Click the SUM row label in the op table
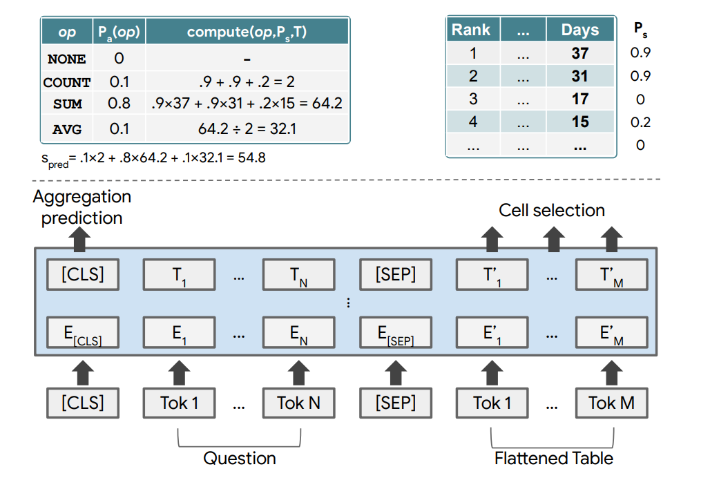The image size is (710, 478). point(67,105)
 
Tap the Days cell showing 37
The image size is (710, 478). point(579,53)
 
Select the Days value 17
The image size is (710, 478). point(579,99)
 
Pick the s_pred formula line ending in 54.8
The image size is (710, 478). point(153,157)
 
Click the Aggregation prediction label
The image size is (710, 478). point(81,207)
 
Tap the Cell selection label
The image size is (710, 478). point(551,210)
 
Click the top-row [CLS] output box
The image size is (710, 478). point(82,275)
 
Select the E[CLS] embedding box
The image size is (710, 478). point(82,333)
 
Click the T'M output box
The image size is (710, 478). point(611,275)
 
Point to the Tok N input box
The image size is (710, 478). point(298,403)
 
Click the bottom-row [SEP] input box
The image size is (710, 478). point(395,403)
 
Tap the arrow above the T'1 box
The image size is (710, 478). point(491,239)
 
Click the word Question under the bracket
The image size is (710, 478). point(239,458)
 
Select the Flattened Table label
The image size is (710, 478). point(553,458)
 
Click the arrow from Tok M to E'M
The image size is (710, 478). point(611,373)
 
